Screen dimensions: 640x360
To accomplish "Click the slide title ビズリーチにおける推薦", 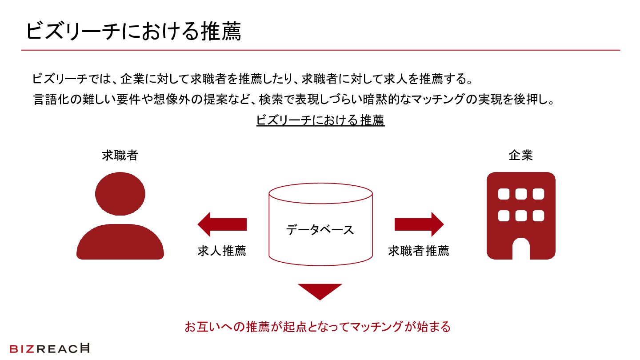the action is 133,32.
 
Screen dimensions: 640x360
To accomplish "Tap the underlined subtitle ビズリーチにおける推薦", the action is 320,120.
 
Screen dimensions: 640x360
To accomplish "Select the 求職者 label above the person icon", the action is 120,156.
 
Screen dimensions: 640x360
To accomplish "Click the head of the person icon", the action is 120,194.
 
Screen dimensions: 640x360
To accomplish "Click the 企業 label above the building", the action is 520,156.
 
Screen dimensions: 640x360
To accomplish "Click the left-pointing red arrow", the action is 222,224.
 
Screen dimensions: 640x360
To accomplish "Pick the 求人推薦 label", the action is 222,251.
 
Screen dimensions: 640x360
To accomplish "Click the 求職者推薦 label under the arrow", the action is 418,251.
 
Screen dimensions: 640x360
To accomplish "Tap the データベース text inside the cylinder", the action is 320,230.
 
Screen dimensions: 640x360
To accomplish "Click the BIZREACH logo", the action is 49,349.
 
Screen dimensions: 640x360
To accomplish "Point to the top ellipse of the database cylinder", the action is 320,193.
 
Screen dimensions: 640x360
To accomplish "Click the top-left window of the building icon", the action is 504,194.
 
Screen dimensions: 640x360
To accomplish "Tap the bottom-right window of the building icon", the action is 538,216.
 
